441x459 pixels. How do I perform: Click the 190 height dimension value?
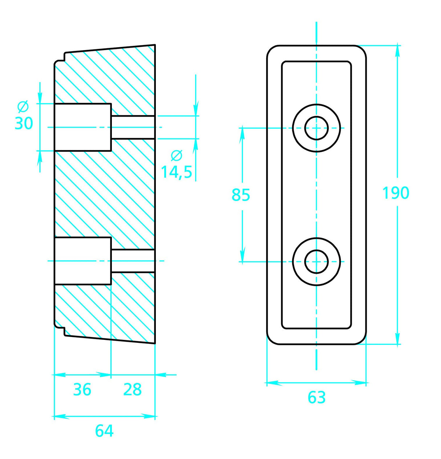[x=396, y=193]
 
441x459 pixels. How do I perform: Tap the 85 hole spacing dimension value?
[x=241, y=195]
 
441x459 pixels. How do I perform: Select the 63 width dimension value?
[x=316, y=398]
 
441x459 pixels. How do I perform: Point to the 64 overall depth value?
[x=104, y=431]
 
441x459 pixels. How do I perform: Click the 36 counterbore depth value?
[x=82, y=390]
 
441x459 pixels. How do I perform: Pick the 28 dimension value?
[x=132, y=390]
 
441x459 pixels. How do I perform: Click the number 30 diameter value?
[x=24, y=123]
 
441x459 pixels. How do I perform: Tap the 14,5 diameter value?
[x=177, y=172]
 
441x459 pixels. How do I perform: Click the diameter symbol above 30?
[x=23, y=107]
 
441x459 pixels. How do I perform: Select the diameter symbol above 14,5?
[x=177, y=155]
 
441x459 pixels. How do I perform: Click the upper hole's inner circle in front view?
[x=316, y=128]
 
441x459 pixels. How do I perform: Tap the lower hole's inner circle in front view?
[x=316, y=261]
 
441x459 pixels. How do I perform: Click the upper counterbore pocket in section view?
[x=82, y=127]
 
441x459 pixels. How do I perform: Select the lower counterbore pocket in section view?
[x=82, y=261]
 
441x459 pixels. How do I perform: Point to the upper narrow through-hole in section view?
[x=133, y=127]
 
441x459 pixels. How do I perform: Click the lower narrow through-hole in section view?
[x=133, y=261]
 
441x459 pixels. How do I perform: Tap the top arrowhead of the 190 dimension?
[x=398, y=51]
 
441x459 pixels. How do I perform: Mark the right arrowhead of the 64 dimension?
[x=150, y=416]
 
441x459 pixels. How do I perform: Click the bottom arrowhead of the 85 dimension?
[x=242, y=255]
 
